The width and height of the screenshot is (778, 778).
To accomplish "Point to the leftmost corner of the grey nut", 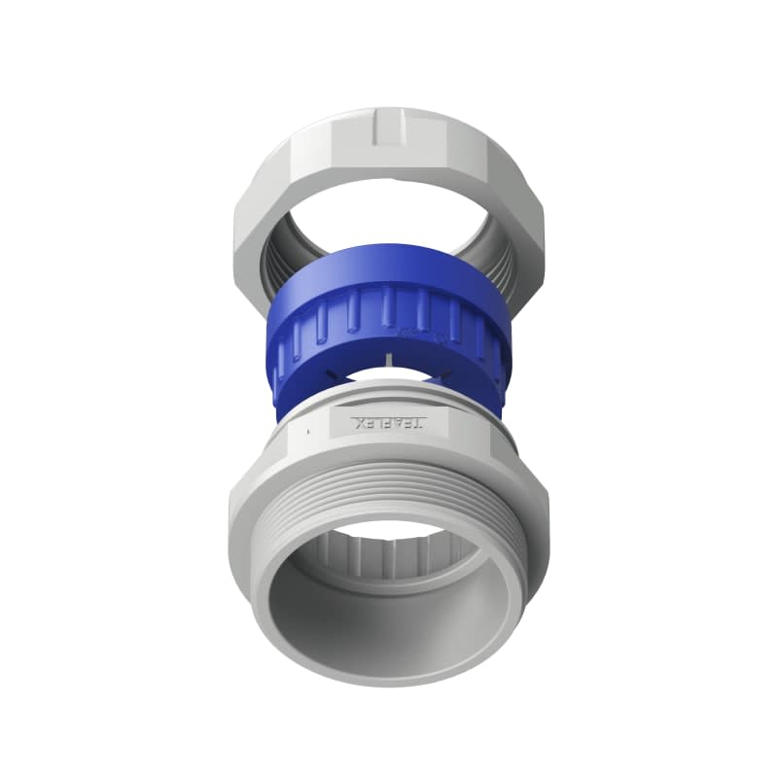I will click(x=233, y=233).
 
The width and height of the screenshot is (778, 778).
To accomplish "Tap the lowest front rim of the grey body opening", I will click(x=389, y=671).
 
